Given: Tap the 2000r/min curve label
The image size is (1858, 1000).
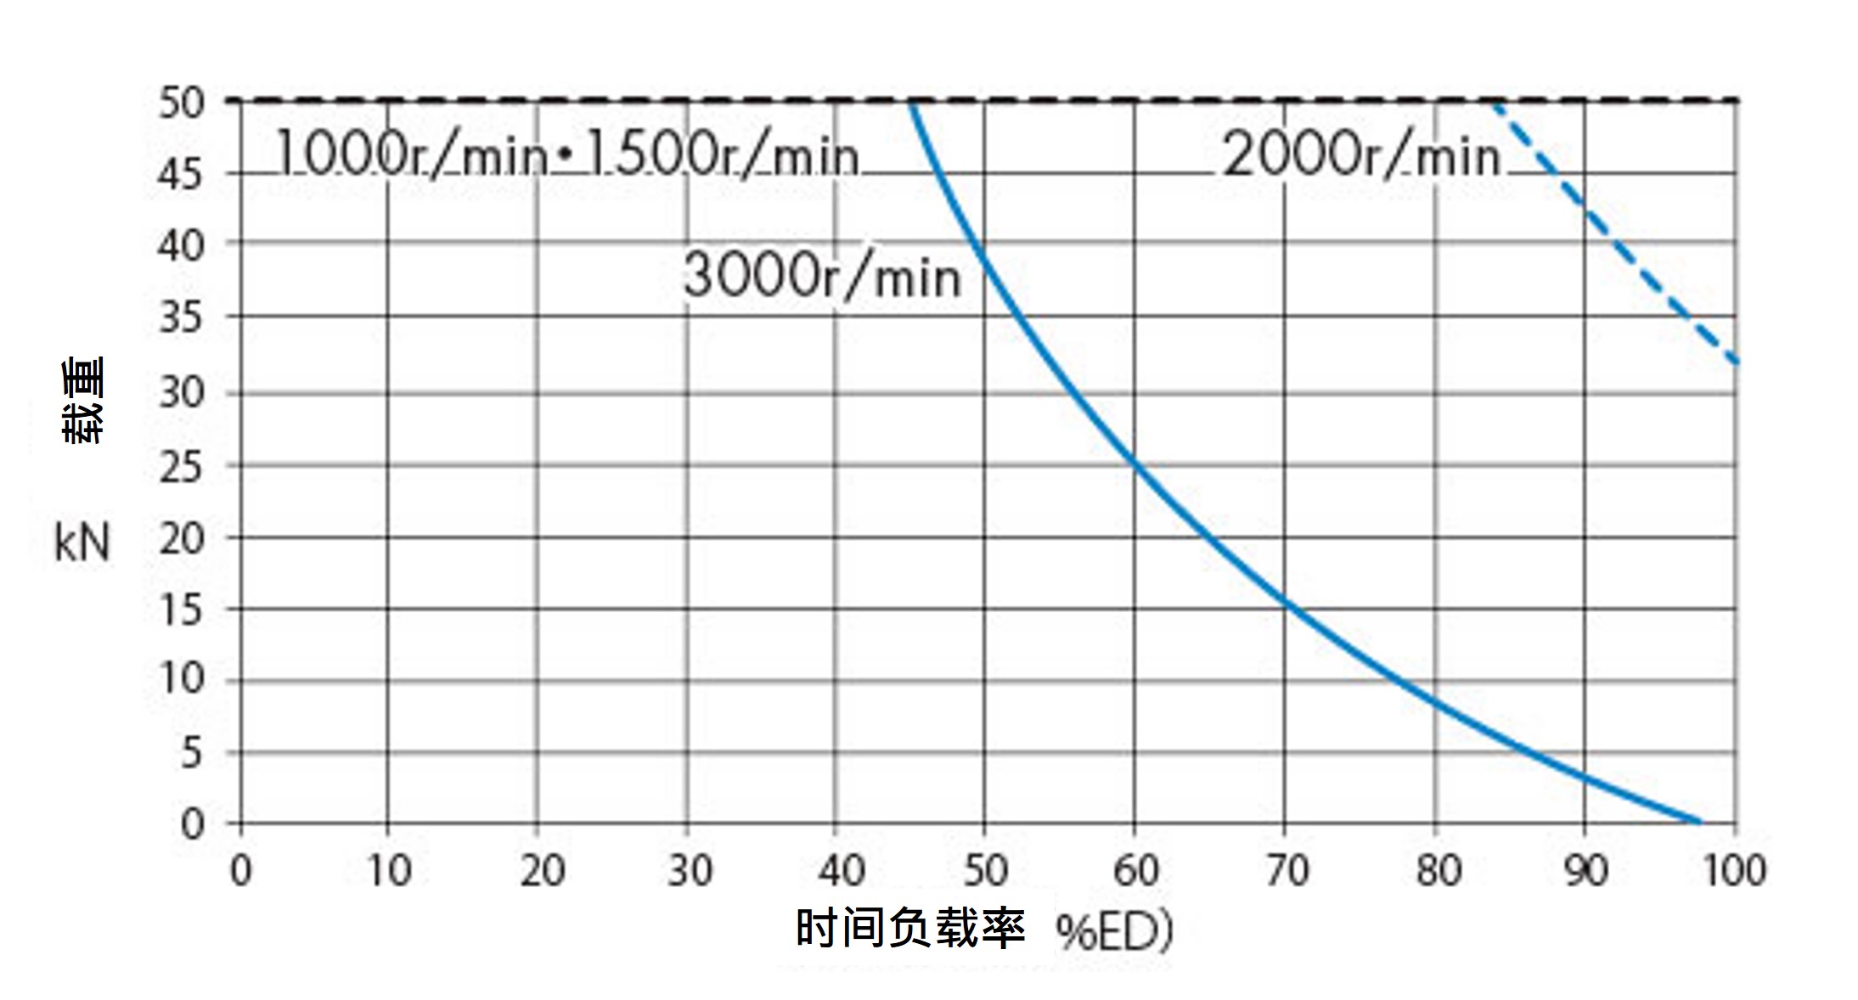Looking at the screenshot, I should [x=1361, y=156].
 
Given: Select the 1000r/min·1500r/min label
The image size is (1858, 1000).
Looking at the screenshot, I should [x=567, y=156].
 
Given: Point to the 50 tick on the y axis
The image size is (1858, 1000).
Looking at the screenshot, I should [x=182, y=104].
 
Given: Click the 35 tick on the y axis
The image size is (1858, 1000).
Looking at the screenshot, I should [x=182, y=318].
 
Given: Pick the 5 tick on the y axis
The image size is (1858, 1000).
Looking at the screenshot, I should [x=192, y=753].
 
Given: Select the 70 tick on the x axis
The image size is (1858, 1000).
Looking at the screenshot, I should [x=1287, y=871].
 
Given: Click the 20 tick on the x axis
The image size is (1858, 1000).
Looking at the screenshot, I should [x=542, y=871].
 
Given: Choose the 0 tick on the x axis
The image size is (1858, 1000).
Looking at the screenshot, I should [x=241, y=871].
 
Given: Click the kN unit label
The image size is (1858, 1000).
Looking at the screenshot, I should [x=82, y=543].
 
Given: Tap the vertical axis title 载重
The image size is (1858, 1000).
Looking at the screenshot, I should [x=83, y=400].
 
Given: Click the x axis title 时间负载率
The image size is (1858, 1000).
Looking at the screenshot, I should [x=910, y=928].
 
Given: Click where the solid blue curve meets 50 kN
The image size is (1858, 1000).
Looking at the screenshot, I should [x=910, y=103].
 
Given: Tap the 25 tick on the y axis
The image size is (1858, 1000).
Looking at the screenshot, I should [x=182, y=467].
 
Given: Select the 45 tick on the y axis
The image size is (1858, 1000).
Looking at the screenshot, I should [x=182, y=176].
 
